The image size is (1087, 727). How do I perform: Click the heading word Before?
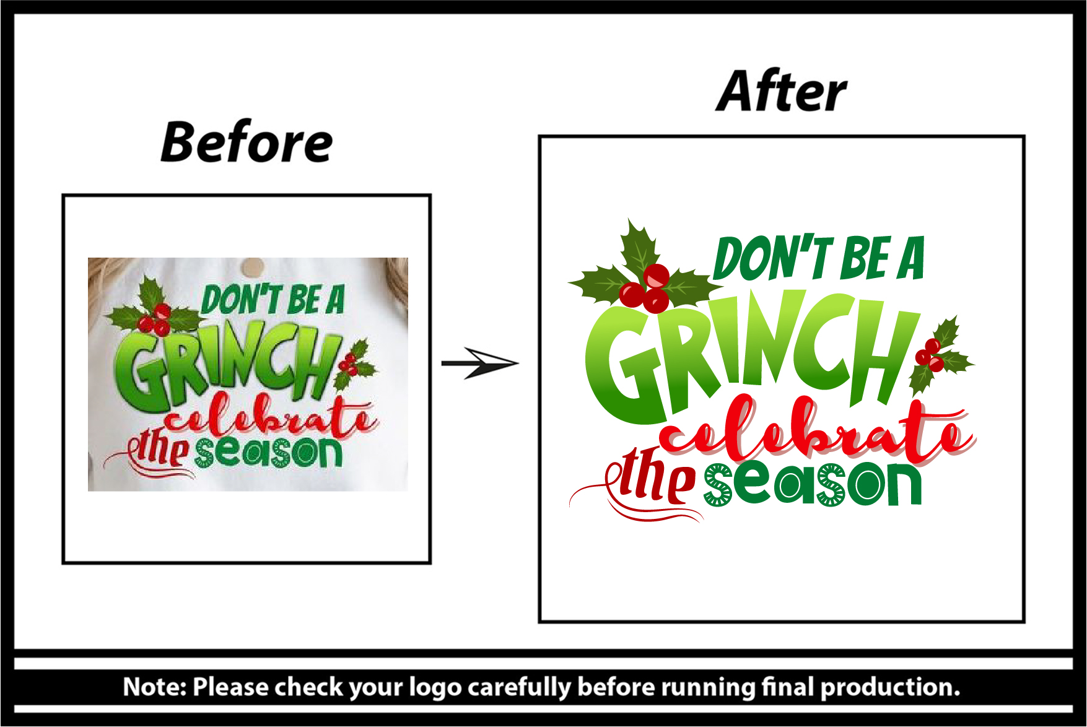(x=247, y=142)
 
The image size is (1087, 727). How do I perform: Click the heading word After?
(x=782, y=91)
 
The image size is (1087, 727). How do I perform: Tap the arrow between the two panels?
(x=480, y=363)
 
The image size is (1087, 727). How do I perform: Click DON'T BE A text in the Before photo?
(x=273, y=300)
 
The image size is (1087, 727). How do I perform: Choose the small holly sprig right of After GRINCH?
(x=940, y=355)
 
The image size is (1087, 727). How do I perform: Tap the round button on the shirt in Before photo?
(x=252, y=267)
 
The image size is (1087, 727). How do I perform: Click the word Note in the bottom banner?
(x=155, y=687)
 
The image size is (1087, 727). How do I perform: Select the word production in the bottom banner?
(x=891, y=687)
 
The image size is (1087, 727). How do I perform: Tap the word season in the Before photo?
(x=269, y=453)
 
